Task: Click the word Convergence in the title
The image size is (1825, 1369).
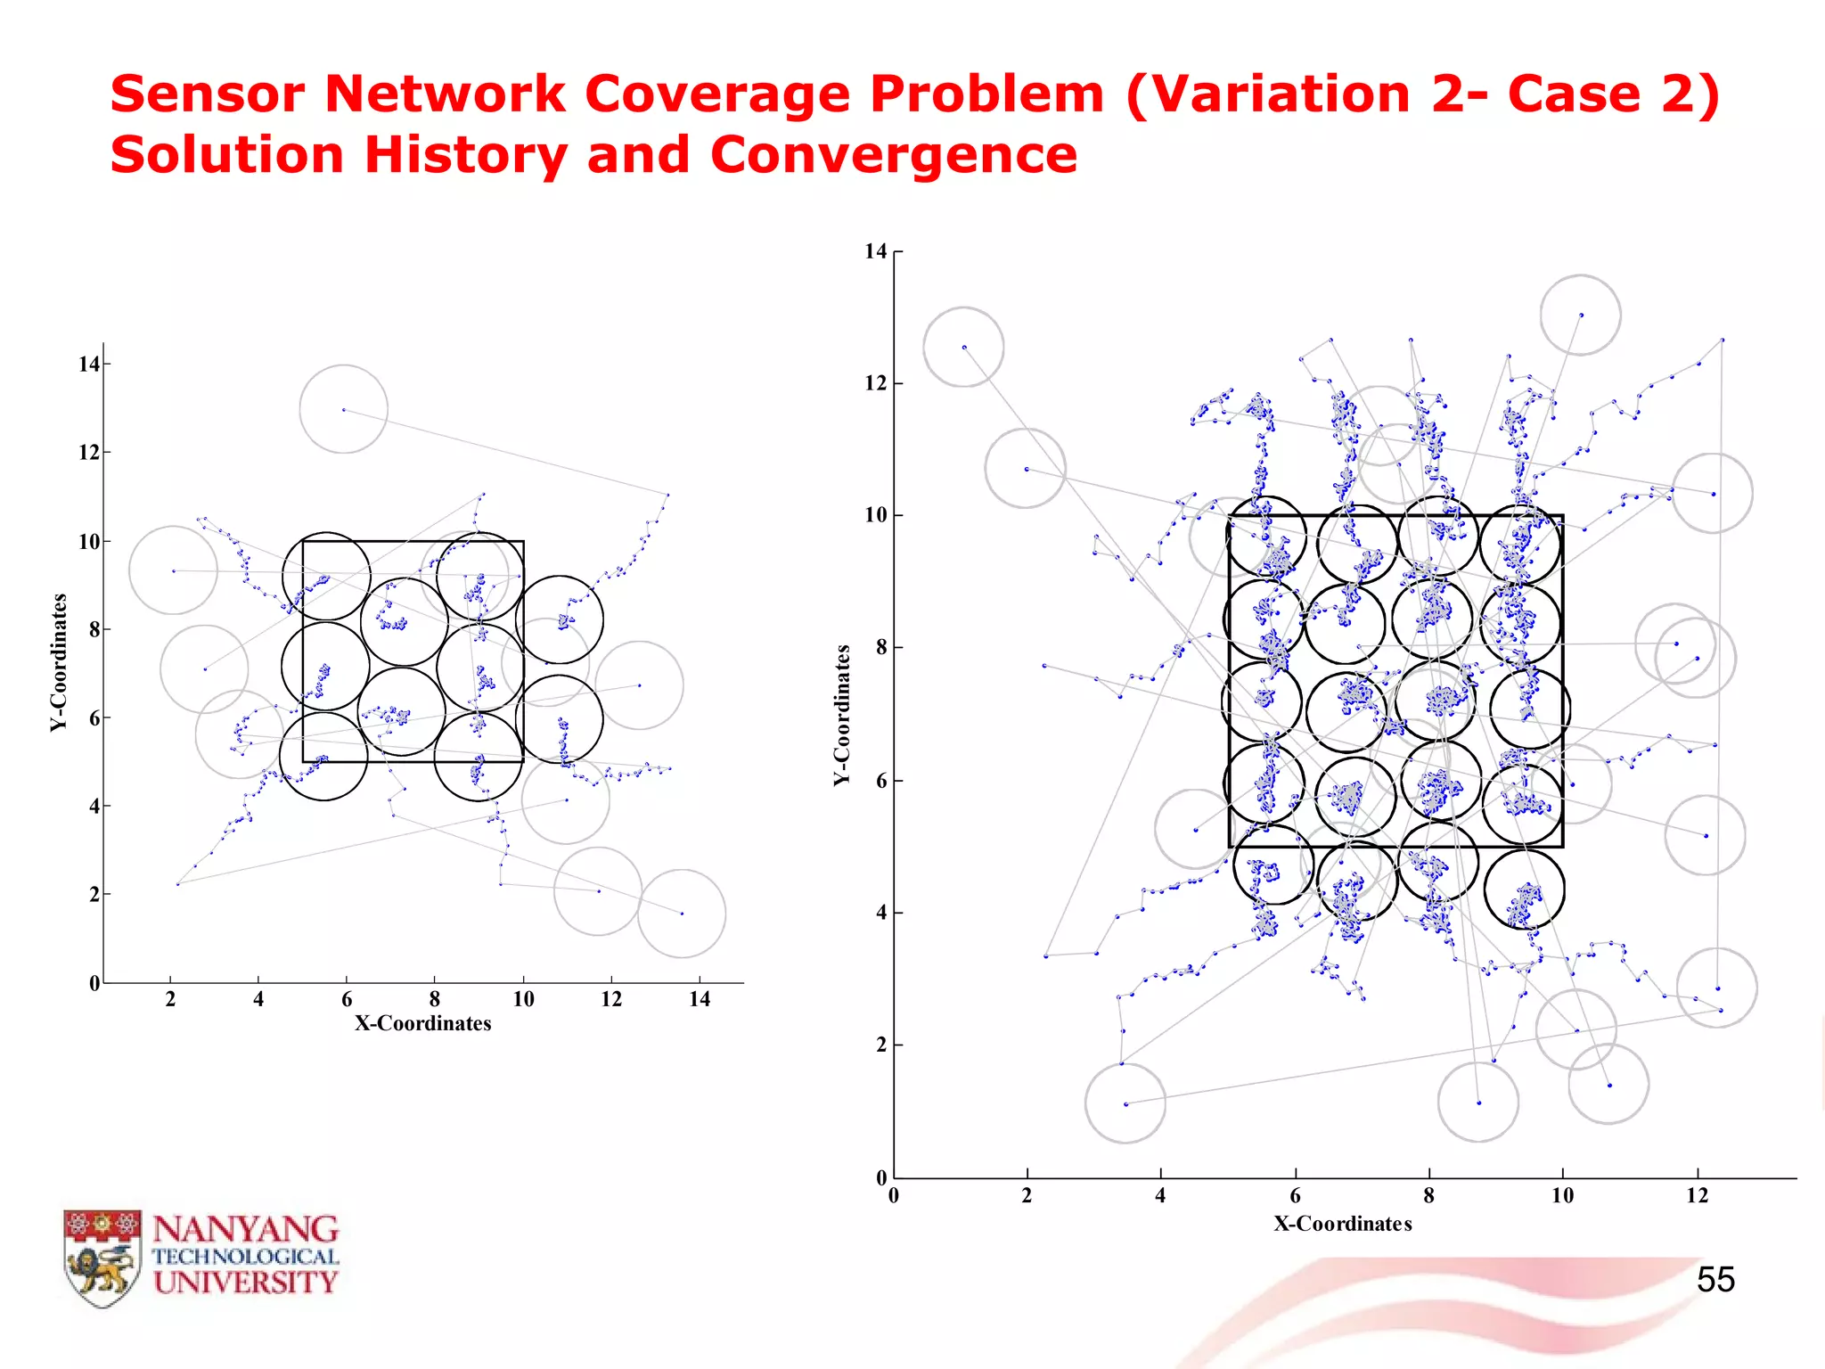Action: [893, 155]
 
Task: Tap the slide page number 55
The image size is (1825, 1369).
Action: [1715, 1280]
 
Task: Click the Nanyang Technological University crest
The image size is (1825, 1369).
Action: [102, 1258]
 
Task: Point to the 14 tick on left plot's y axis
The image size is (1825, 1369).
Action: [89, 364]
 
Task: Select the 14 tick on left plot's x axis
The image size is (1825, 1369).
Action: [700, 999]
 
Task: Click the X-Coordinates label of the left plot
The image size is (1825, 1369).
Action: [423, 1023]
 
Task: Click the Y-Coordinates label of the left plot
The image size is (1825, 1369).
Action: [59, 662]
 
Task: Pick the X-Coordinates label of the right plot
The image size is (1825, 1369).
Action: [1342, 1224]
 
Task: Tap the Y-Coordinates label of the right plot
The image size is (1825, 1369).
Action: [842, 715]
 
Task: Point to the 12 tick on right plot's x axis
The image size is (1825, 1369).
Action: [1697, 1196]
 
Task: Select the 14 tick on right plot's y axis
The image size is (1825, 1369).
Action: [876, 251]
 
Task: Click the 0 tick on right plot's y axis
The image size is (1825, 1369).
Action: [881, 1177]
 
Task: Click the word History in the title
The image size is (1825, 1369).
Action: [465, 155]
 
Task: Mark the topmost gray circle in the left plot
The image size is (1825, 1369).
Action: [343, 409]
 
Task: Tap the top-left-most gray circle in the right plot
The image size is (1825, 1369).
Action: [963, 347]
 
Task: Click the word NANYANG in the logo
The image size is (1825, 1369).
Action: [246, 1229]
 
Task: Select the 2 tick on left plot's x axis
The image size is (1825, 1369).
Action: [170, 999]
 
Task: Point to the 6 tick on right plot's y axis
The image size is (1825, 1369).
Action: [880, 781]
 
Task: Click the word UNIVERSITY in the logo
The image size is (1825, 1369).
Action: [246, 1283]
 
